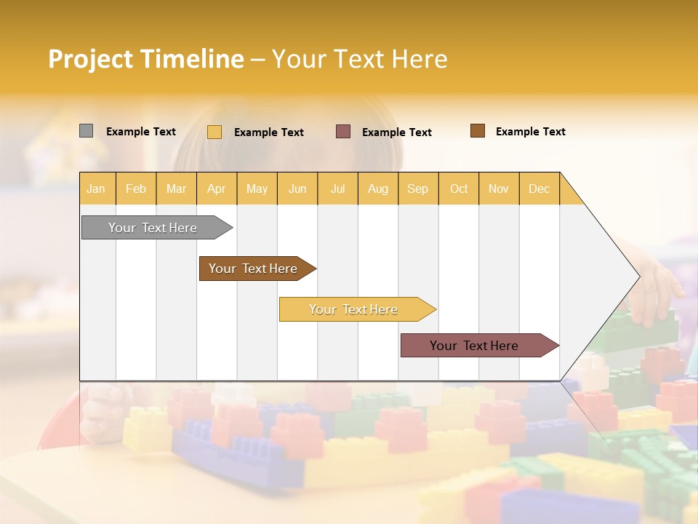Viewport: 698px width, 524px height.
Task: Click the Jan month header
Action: pos(97,188)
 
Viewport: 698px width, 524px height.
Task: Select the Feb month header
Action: pos(136,188)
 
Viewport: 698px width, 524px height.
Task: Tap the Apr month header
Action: pos(217,188)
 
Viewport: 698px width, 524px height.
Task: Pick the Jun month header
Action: pos(297,188)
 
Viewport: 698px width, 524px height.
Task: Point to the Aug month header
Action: pos(378,188)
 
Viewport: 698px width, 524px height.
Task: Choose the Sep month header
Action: pos(418,188)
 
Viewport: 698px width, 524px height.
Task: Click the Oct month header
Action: pos(459,188)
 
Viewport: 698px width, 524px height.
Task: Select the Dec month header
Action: pos(539,188)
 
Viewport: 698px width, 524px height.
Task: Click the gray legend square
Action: pos(86,131)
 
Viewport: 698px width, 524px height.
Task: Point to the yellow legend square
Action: pos(214,132)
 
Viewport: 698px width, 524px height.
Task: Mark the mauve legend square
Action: pos(343,131)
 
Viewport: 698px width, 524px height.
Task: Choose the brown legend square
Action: pos(477,131)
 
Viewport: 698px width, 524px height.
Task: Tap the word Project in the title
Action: pos(90,59)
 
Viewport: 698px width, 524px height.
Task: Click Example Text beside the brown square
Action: pos(530,132)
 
